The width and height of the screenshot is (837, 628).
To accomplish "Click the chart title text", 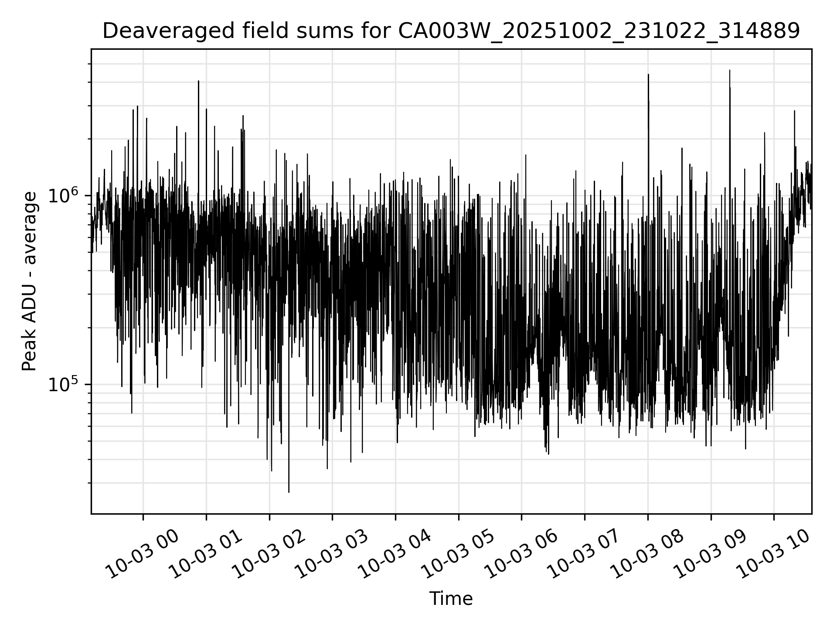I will (451, 31).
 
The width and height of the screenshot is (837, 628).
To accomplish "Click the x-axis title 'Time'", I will (451, 599).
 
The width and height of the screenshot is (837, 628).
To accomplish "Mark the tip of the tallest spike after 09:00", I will (730, 70).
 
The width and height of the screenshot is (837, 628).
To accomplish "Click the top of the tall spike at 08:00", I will (648, 75).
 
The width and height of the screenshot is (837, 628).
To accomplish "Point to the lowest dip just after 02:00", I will (289, 492).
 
